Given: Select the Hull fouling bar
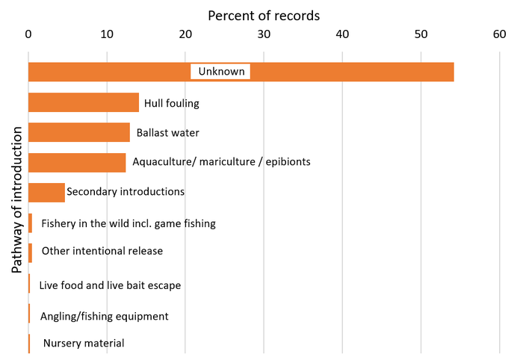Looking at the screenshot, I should [83, 102].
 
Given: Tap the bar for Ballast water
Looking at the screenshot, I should [78, 132].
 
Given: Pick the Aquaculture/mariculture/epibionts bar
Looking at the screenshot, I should [76, 162].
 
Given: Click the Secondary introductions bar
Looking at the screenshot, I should [46, 192].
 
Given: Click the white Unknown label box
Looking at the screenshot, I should [220, 72].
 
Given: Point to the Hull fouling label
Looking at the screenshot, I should [171, 103].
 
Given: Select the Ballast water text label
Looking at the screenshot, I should [167, 133].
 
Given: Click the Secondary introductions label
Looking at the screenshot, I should [126, 192].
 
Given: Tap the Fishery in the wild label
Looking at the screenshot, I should [129, 223].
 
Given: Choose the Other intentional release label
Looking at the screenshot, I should [102, 251].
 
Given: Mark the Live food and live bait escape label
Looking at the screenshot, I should [110, 285].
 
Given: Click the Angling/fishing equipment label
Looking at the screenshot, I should [104, 316].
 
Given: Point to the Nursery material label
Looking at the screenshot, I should [83, 344].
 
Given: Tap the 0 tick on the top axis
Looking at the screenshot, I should [28, 34].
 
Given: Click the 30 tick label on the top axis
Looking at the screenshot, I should [264, 34].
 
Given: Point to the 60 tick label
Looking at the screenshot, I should [499, 34].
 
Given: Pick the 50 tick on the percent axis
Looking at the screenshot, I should [421, 34].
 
